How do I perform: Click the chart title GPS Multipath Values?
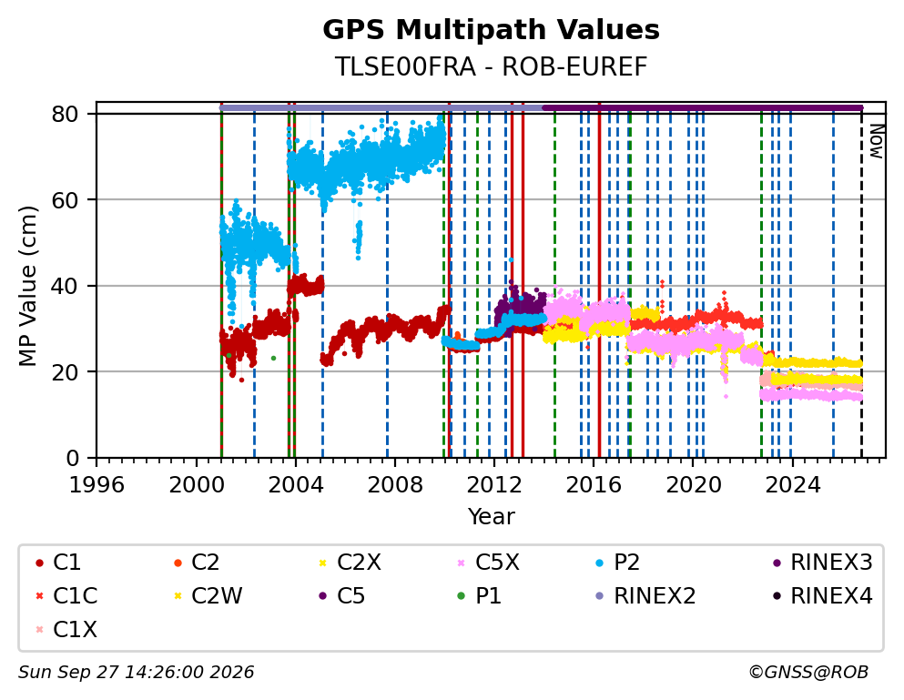pos(491,30)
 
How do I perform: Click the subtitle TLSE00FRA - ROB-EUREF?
pos(491,67)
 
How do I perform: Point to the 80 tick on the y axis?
pos(65,114)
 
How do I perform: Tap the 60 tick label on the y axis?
pos(65,200)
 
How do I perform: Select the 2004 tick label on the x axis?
pos(296,485)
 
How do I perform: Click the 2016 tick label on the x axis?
pos(594,485)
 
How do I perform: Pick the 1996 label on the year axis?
pos(96,485)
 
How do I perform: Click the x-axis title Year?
pos(491,517)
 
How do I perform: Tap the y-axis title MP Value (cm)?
pos(28,286)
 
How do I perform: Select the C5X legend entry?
pos(488,563)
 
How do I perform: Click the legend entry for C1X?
pos(66,630)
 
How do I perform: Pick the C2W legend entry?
pos(208,595)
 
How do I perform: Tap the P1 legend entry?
pos(479,595)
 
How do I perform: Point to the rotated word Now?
pos(877,142)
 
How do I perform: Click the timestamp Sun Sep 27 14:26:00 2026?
pos(136,673)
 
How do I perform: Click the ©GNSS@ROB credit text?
pos(808,673)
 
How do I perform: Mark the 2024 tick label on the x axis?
pos(793,485)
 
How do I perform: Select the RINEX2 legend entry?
pos(645,595)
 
